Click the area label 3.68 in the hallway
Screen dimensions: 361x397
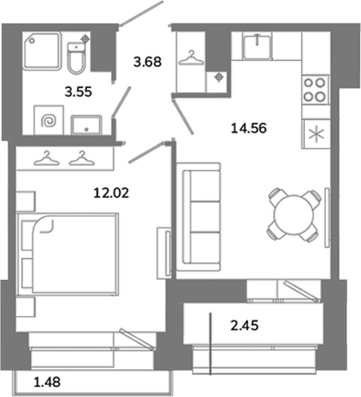(x=147, y=62)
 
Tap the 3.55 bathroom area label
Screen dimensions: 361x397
(x=78, y=91)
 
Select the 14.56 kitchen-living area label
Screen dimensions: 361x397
(x=249, y=128)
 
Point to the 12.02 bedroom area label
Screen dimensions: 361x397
(x=111, y=193)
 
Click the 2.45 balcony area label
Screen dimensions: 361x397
(x=245, y=326)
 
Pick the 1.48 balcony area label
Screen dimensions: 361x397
(x=47, y=382)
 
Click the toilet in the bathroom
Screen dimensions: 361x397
(x=76, y=58)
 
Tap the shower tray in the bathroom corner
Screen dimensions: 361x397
(x=42, y=50)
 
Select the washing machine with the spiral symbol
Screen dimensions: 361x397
(x=49, y=121)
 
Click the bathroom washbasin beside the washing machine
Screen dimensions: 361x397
(x=86, y=125)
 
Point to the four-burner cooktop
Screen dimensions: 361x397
(x=315, y=90)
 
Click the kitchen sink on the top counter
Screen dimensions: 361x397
(x=257, y=47)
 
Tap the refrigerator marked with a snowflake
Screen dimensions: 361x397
(x=316, y=134)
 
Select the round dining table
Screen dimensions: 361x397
(x=293, y=215)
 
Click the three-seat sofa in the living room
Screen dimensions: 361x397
(x=199, y=217)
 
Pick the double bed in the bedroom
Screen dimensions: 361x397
(x=68, y=254)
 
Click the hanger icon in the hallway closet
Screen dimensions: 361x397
(x=191, y=58)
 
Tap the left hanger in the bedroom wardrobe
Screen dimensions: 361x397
(x=46, y=158)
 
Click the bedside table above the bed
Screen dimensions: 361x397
(x=26, y=201)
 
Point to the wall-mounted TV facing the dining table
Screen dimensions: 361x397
(x=327, y=217)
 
